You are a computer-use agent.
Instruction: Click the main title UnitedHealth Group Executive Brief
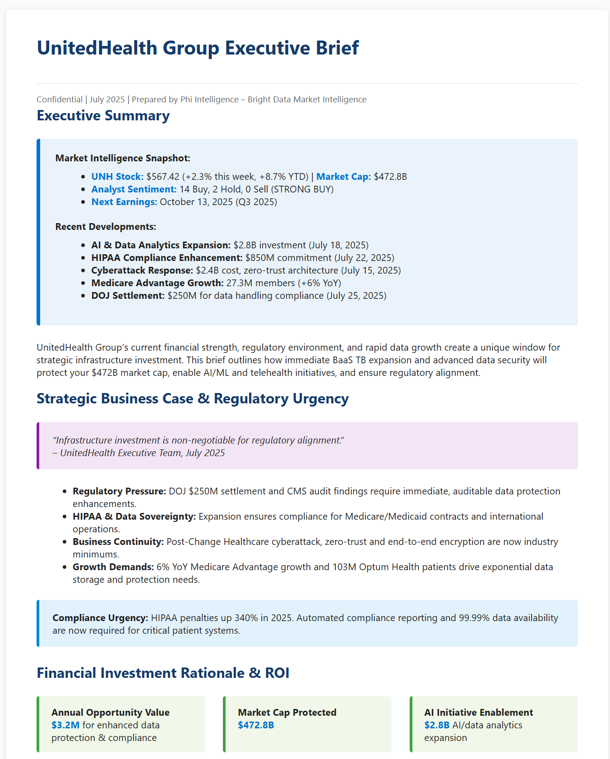pyautogui.click(x=198, y=48)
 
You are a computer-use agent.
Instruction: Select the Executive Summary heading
pyautogui.click(x=103, y=116)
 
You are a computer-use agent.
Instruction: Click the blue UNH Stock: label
pyautogui.click(x=117, y=177)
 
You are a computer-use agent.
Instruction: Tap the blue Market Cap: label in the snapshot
pyautogui.click(x=343, y=177)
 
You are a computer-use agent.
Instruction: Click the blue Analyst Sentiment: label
pyautogui.click(x=134, y=189)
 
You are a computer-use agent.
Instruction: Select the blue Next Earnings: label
pyautogui.click(x=124, y=202)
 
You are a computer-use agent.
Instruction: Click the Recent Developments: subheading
pyautogui.click(x=106, y=227)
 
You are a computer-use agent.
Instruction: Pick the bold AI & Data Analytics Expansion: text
pyautogui.click(x=161, y=245)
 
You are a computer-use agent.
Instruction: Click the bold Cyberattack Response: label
pyautogui.click(x=142, y=270)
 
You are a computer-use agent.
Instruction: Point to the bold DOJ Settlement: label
pyautogui.click(x=128, y=296)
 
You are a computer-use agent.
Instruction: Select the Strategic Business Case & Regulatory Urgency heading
pyautogui.click(x=193, y=399)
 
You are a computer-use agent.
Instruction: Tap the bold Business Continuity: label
pyautogui.click(x=118, y=542)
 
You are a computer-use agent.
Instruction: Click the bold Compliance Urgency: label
pyautogui.click(x=100, y=618)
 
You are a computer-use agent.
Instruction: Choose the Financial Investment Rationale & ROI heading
pyautogui.click(x=163, y=673)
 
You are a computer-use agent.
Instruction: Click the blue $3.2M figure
pyautogui.click(x=65, y=725)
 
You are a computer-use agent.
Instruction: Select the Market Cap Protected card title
pyautogui.click(x=287, y=713)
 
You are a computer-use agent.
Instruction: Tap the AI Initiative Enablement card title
pyautogui.click(x=478, y=713)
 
